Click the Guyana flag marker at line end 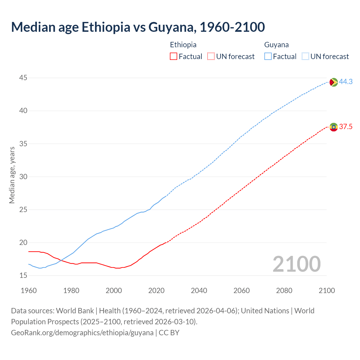(x=334, y=82)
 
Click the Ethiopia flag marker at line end (x=334, y=127)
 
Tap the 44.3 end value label (x=346, y=82)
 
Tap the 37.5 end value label (x=346, y=127)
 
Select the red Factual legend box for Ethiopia (x=174, y=57)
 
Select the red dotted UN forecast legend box (x=211, y=57)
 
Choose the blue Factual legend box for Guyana (x=268, y=57)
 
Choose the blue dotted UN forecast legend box (x=305, y=57)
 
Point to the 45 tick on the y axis (x=23, y=78)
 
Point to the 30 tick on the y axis (x=23, y=177)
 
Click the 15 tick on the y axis (x=23, y=276)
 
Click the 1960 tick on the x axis (x=29, y=291)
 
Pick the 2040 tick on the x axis (x=199, y=291)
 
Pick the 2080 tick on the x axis (x=284, y=291)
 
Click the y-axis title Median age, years (x=12, y=175)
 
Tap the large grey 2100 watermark (x=296, y=264)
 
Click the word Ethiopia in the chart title (x=106, y=27)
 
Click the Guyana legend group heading (x=276, y=45)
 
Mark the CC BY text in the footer (x=169, y=333)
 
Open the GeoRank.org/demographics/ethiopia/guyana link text (x=82, y=333)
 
